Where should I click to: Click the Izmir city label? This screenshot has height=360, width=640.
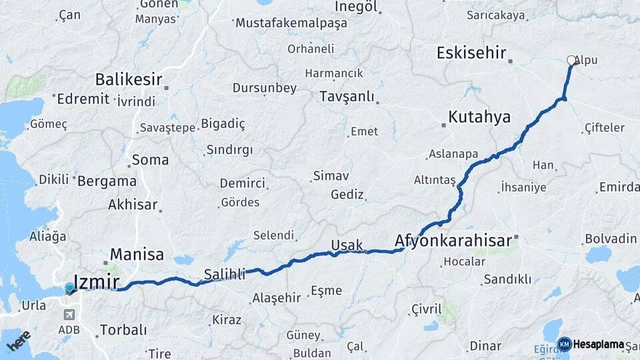pos(97,282)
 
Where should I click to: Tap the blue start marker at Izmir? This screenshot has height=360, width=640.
pos(69,289)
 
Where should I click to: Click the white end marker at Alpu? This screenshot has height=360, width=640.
pos(571,60)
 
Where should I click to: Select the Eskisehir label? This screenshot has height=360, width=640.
pos(471,53)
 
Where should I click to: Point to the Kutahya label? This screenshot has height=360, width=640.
pos(479,117)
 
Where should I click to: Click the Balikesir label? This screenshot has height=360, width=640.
pos(129,80)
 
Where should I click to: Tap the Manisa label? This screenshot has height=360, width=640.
pos(137,254)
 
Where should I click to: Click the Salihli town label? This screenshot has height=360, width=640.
pos(225,273)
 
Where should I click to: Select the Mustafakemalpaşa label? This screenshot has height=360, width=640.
pos(291,23)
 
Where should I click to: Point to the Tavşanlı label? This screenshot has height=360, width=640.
pos(347,97)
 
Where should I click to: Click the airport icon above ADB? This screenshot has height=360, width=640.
pos(69,315)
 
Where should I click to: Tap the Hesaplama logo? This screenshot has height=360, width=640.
pos(592,344)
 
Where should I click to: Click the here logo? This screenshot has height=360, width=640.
pos(18,341)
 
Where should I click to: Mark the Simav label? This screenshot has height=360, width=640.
pos(331,177)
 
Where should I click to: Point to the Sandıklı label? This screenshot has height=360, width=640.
pos(507,279)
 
